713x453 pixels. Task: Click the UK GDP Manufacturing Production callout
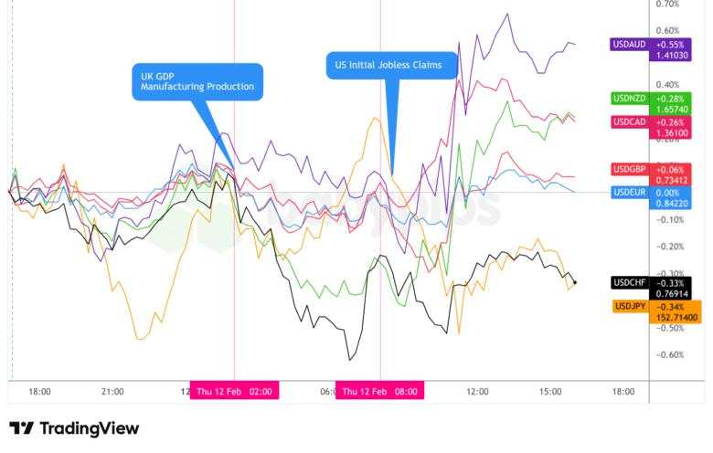pos(197,80)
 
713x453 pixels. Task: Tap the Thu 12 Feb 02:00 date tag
pos(234,391)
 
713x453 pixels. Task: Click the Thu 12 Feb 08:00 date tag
pos(380,391)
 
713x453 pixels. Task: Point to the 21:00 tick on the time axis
pos(112,391)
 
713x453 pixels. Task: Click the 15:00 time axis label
pos(549,391)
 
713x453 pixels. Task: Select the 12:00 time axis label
pos(476,391)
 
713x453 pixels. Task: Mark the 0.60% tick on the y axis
pos(668,30)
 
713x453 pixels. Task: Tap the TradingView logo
pos(74,428)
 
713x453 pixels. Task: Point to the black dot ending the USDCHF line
pos(574,282)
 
